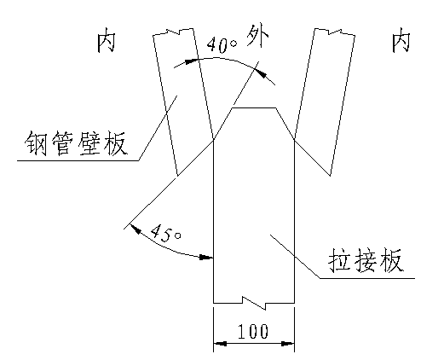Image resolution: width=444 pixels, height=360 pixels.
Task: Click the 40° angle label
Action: click(x=222, y=45)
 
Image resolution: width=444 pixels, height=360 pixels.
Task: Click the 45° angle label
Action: click(x=166, y=233)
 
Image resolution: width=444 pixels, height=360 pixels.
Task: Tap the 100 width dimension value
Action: click(x=253, y=331)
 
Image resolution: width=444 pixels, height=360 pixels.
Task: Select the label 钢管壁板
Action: click(x=75, y=143)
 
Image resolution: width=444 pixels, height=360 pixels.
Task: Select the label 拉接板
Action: click(x=366, y=260)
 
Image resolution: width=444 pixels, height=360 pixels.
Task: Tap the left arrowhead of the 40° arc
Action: click(x=191, y=61)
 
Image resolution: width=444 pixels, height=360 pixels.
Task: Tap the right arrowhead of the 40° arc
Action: click(x=262, y=73)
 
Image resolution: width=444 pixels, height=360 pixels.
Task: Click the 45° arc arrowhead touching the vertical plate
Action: click(x=206, y=258)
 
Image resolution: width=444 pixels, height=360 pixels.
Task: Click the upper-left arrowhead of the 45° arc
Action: click(x=136, y=229)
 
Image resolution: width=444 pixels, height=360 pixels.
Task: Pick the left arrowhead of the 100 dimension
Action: click(x=220, y=344)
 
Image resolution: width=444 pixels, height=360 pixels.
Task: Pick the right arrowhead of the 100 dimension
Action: click(x=287, y=344)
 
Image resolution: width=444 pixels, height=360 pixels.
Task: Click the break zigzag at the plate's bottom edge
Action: click(x=254, y=303)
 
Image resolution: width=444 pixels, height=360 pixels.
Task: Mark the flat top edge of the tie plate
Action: click(x=254, y=108)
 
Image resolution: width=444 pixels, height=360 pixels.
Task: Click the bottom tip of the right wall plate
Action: click(x=330, y=176)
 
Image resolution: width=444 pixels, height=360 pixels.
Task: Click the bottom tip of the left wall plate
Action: click(x=177, y=176)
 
